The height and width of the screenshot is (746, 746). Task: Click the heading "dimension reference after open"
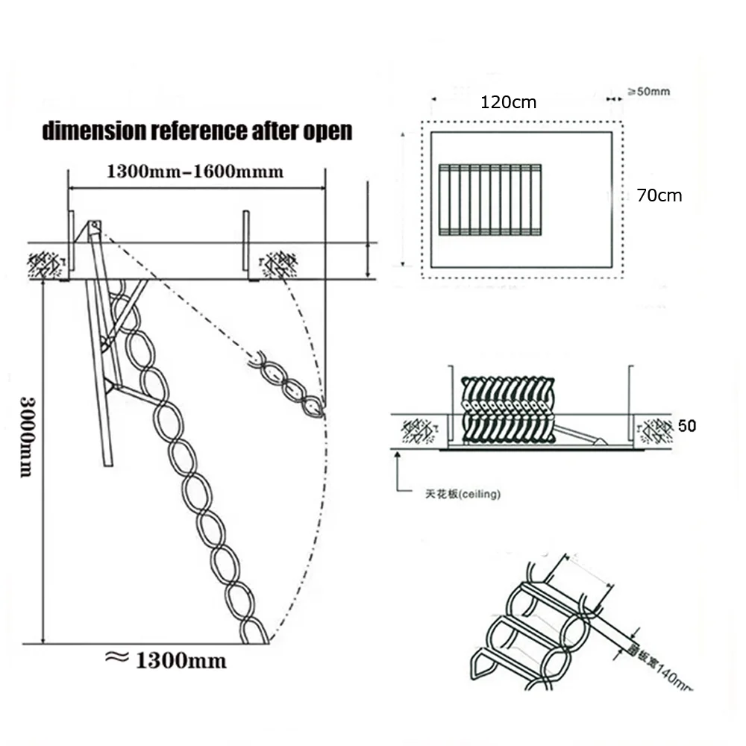pyautogui.click(x=197, y=131)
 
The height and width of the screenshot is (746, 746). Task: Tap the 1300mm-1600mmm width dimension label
pyautogui.click(x=195, y=172)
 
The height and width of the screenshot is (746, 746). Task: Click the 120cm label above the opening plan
pyautogui.click(x=508, y=102)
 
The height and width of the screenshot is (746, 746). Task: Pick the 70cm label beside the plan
pyautogui.click(x=659, y=195)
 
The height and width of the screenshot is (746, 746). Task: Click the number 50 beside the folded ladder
pyautogui.click(x=688, y=426)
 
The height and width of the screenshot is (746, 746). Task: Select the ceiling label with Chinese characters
pyautogui.click(x=459, y=494)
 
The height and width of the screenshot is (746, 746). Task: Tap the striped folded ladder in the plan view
pyautogui.click(x=490, y=200)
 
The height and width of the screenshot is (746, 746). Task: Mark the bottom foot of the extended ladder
pyautogui.click(x=254, y=634)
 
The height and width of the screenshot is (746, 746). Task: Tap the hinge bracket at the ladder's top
pyautogui.click(x=95, y=227)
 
